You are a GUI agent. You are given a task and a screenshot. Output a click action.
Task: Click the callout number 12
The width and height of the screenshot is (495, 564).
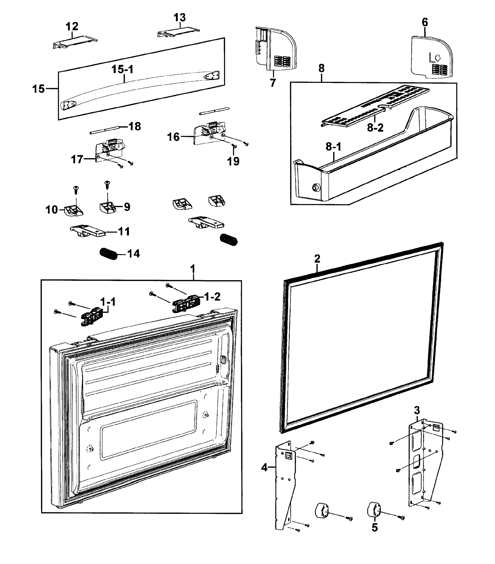tap(72, 27)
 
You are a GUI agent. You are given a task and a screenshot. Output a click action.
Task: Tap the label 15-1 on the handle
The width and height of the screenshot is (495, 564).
tap(122, 70)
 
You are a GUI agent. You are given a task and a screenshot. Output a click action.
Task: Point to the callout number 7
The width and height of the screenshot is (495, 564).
tap(273, 82)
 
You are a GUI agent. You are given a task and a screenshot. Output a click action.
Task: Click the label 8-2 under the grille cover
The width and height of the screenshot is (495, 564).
tap(375, 128)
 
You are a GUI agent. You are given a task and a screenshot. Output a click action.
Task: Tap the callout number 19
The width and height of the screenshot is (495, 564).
tap(233, 161)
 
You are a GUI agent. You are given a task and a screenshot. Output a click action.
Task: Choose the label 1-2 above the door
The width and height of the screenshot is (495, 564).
tap(212, 297)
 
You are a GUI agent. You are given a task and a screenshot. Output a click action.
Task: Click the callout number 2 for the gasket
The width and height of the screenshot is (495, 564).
tap(317, 258)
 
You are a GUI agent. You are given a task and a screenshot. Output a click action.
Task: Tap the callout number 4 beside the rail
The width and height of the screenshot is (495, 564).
tap(264, 467)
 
